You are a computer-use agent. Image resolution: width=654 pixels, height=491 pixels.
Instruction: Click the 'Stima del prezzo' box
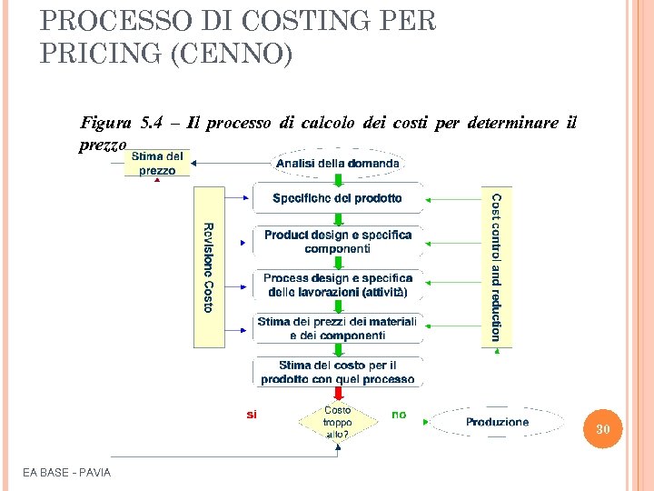[158, 164]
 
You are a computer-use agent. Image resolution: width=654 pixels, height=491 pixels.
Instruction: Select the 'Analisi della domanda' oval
[337, 164]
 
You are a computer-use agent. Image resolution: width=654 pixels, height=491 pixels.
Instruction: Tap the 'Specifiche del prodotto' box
[337, 198]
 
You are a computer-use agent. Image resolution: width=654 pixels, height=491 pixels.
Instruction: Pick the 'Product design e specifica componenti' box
[337, 241]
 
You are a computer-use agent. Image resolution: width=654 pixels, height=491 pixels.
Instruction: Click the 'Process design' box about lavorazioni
[337, 285]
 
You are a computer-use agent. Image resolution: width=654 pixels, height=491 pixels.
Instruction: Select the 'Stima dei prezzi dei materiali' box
[337, 328]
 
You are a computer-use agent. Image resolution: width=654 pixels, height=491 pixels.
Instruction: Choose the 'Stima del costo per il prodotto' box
[337, 372]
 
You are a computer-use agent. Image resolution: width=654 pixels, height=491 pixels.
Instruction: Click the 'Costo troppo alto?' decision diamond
[337, 422]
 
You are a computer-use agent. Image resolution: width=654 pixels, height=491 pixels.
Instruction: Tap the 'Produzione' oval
[497, 422]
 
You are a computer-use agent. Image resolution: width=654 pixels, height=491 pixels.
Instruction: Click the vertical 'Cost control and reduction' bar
[496, 267]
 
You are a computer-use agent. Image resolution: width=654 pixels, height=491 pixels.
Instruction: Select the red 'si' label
[252, 415]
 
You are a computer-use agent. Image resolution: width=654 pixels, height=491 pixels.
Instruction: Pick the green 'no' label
[399, 415]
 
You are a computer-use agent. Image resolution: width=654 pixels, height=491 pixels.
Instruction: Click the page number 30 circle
[603, 428]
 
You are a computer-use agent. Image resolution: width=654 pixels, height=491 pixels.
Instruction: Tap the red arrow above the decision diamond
[337, 394]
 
